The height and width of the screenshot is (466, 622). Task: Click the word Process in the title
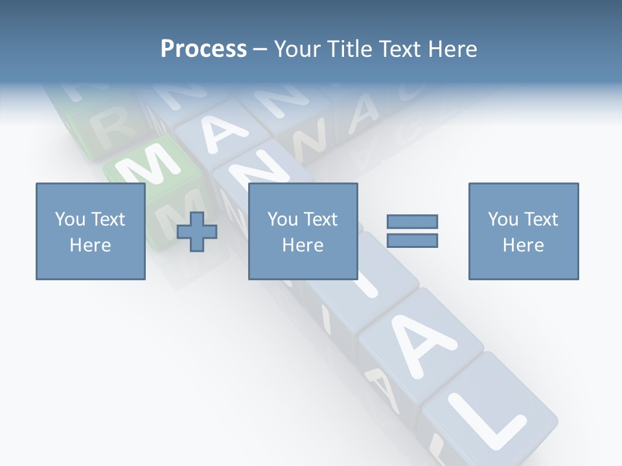click(x=203, y=49)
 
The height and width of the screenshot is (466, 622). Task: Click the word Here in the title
click(x=452, y=49)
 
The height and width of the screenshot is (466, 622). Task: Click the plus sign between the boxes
click(x=197, y=232)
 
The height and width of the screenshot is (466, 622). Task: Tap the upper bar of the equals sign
click(x=412, y=221)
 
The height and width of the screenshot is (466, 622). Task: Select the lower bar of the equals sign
click(x=412, y=240)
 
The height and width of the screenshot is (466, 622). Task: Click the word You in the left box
click(x=70, y=219)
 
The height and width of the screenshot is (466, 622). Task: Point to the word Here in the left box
click(x=90, y=245)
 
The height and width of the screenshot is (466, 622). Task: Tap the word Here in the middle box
click(x=303, y=245)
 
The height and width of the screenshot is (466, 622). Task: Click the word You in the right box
click(x=503, y=219)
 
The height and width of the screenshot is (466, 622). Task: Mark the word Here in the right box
click(x=523, y=245)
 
